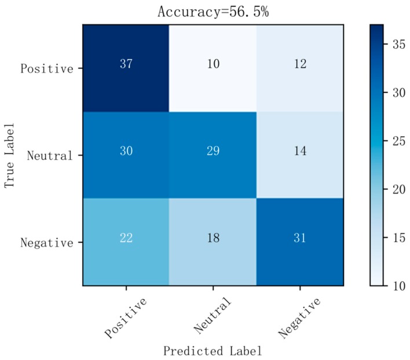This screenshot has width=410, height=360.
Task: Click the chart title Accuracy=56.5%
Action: [x=213, y=12]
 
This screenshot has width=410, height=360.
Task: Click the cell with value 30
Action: [x=126, y=155]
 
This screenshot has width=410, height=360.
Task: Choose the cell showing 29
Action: [x=213, y=155]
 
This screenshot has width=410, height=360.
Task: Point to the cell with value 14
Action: [x=299, y=155]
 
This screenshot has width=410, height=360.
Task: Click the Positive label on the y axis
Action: [x=47, y=68]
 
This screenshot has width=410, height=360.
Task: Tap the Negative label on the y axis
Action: [x=47, y=242]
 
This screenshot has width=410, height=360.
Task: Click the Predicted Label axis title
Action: [x=213, y=351]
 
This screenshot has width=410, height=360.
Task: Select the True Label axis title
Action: [x=10, y=155]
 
